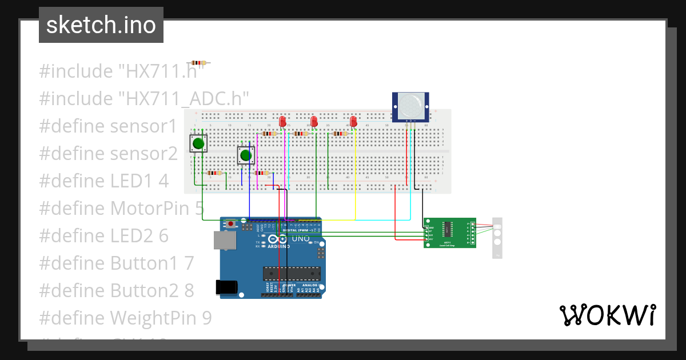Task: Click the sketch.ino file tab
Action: tap(101, 25)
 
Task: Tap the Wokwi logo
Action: tap(607, 315)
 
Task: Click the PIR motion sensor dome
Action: tap(410, 106)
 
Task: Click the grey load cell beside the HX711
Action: tap(497, 238)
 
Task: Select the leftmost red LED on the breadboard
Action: tap(282, 122)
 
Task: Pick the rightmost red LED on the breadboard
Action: tap(353, 122)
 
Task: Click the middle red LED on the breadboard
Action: tap(313, 122)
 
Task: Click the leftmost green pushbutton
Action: tap(198, 143)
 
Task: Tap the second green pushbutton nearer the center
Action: tap(246, 155)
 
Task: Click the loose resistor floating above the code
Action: tap(198, 63)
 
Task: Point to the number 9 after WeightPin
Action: tap(206, 318)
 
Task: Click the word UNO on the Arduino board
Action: tap(301, 238)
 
